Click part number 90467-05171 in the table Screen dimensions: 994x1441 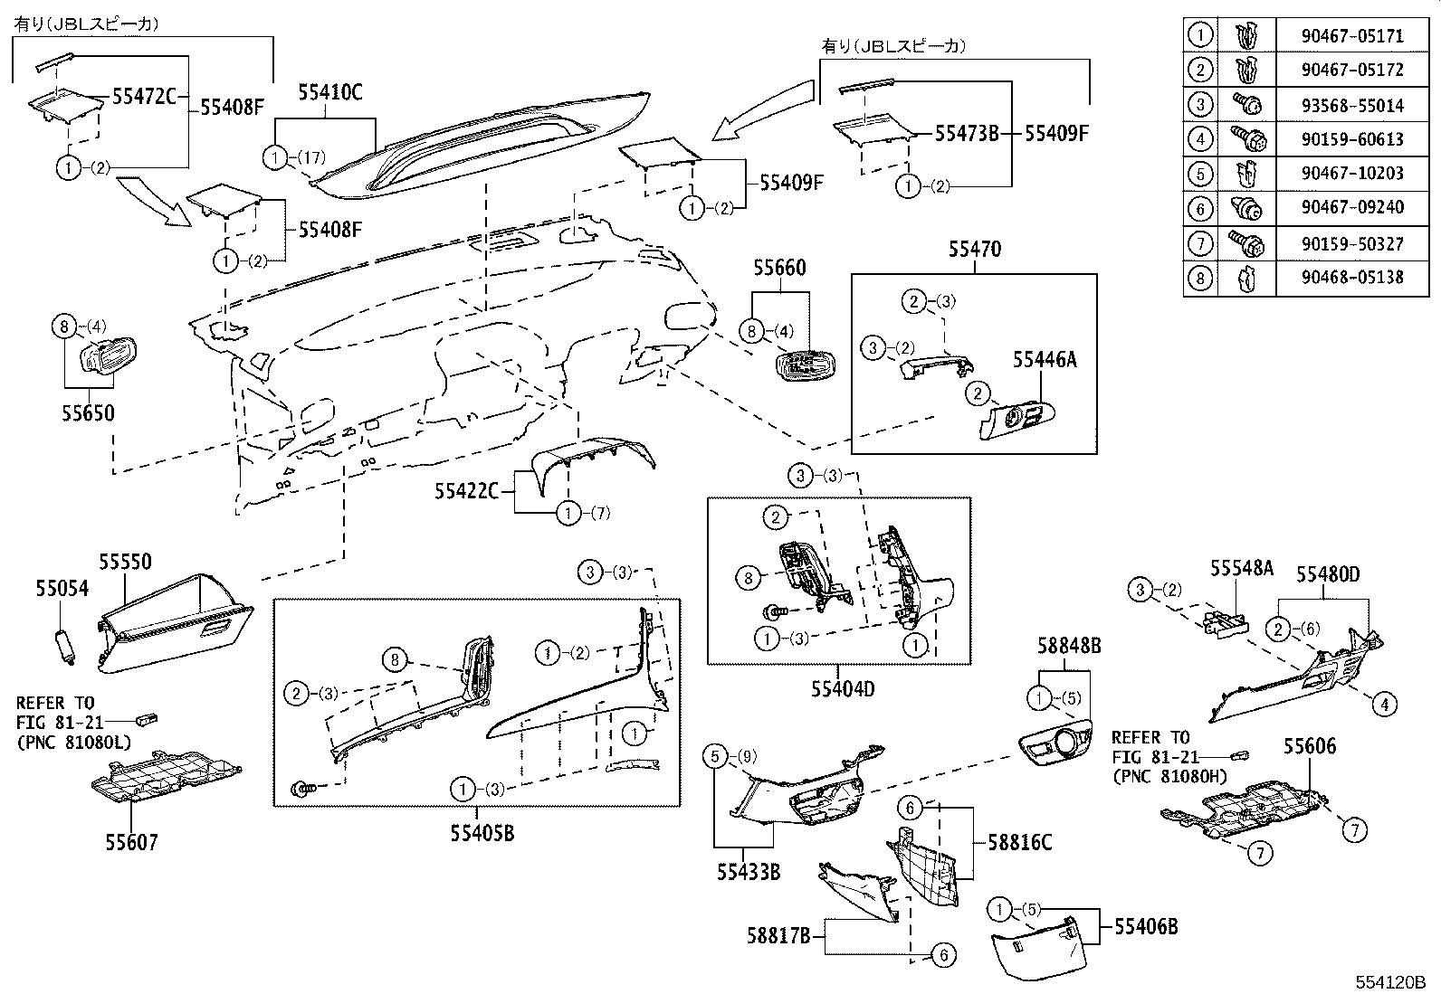pyautogui.click(x=1353, y=37)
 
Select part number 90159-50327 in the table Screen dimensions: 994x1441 pyautogui.click(x=1353, y=242)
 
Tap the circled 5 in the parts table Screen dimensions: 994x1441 pyautogui.click(x=1200, y=174)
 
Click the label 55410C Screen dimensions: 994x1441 pyautogui.click(x=329, y=92)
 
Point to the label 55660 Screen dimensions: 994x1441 pyautogui.click(x=779, y=269)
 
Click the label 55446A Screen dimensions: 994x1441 pyautogui.click(x=1045, y=360)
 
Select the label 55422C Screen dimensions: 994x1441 pyautogui.click(x=466, y=490)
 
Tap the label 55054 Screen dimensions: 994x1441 pyautogui.click(x=62, y=589)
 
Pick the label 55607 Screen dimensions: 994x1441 pyautogui.click(x=131, y=843)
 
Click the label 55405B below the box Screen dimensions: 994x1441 pyautogui.click(x=482, y=833)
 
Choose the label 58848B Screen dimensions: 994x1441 pyautogui.click(x=1069, y=646)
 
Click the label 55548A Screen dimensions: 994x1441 pyautogui.click(x=1242, y=568)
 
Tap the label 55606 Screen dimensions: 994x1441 pyautogui.click(x=1310, y=746)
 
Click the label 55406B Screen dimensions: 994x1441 pyautogui.click(x=1146, y=926)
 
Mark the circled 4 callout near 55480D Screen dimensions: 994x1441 pyautogui.click(x=1384, y=704)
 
